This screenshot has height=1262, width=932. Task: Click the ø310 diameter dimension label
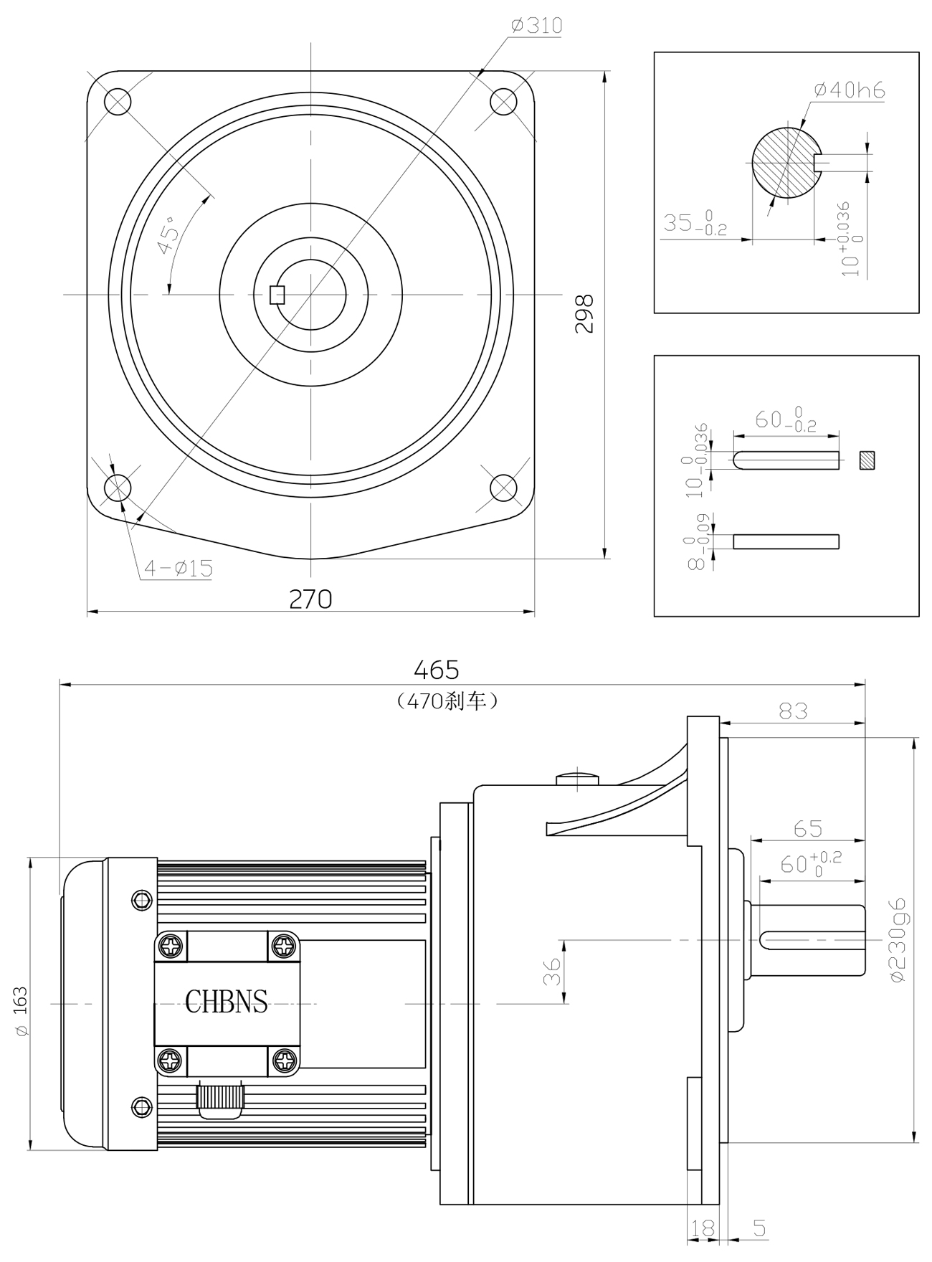(537, 27)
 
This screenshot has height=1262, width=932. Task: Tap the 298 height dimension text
(585, 313)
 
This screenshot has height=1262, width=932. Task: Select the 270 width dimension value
(310, 599)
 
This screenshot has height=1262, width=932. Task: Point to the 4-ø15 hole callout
(179, 569)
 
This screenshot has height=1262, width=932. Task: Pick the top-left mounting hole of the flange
(118, 101)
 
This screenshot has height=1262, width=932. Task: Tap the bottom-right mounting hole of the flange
(503, 488)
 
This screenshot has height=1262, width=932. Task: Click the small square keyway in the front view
(277, 294)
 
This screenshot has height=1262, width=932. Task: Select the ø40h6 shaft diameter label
(850, 90)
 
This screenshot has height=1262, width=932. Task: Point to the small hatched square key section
(867, 460)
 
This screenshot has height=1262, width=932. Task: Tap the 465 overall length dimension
(436, 670)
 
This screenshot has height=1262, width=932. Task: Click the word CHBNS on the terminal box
(227, 1002)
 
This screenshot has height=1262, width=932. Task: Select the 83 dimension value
(793, 711)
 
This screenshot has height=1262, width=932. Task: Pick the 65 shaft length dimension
(808, 828)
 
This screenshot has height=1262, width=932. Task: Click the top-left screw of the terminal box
(171, 946)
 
